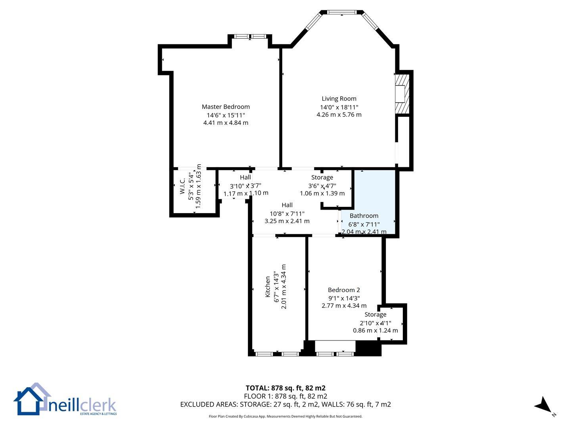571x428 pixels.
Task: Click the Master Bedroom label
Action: coord(226,107)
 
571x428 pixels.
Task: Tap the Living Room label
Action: coord(339,99)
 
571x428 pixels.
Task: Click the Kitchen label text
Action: coord(267,287)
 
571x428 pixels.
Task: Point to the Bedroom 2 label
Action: coord(344,290)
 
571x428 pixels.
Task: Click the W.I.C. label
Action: coord(182,186)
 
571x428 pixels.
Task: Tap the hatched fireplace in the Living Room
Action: coord(402,94)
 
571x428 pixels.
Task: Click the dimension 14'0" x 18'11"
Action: coord(339,107)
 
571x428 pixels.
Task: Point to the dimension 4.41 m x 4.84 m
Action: coord(226,123)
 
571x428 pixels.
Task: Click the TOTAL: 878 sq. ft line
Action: coord(285,388)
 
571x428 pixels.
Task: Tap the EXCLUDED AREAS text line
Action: coord(285,404)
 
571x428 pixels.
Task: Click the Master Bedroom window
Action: coord(250,36)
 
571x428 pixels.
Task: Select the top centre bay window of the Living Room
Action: coord(341,12)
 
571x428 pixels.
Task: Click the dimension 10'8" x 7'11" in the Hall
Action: coord(287,214)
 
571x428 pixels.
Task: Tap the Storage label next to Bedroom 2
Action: coord(375,314)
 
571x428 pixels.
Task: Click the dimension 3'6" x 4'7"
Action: coord(322,186)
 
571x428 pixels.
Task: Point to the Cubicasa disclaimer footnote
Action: coord(285,416)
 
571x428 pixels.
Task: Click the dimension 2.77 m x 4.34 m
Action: coord(344,306)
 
